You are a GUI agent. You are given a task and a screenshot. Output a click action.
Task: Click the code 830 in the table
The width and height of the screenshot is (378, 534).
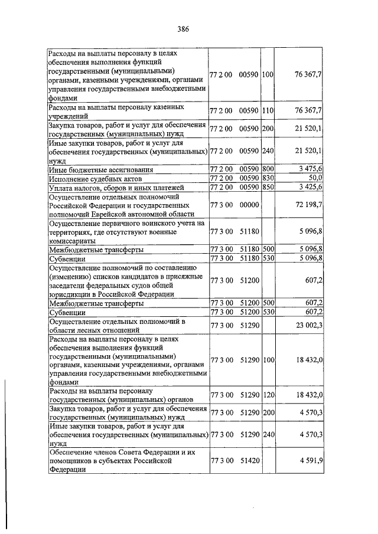[x=268, y=178]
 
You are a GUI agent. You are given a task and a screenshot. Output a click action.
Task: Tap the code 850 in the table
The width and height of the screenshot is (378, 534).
[x=268, y=187]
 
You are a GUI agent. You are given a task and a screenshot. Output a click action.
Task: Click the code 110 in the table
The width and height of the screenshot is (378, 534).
[x=268, y=110]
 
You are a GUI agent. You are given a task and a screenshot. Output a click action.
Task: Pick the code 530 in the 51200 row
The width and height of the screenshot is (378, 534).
[x=268, y=312]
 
